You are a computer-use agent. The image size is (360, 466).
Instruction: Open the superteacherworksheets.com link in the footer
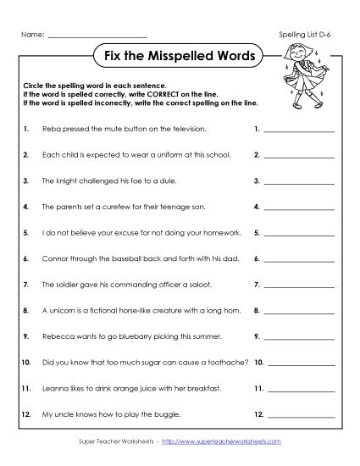tap(233, 441)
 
